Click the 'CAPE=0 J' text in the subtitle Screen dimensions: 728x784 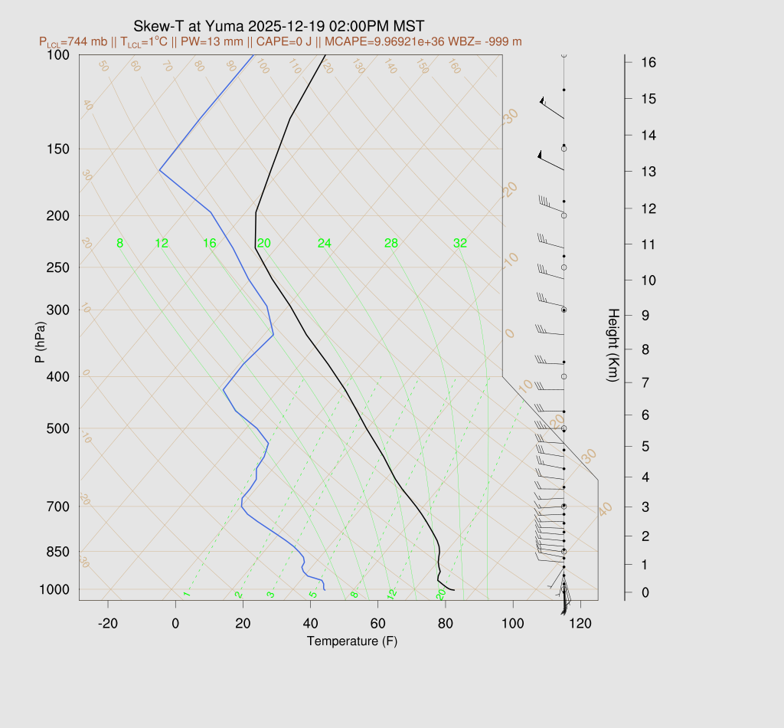307,41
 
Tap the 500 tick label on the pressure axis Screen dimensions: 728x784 57,428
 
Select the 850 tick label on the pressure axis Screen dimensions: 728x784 57,552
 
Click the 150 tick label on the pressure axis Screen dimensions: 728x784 57,149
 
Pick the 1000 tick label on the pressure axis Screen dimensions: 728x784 54,589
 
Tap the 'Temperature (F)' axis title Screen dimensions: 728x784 352,641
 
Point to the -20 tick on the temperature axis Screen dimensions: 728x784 108,624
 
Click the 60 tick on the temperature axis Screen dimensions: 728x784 377,624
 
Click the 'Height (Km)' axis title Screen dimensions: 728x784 612,346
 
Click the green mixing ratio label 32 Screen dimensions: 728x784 459,244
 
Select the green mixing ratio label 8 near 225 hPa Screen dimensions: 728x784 119,244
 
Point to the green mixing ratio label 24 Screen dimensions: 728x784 325,244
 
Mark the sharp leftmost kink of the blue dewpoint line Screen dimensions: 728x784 159,169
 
